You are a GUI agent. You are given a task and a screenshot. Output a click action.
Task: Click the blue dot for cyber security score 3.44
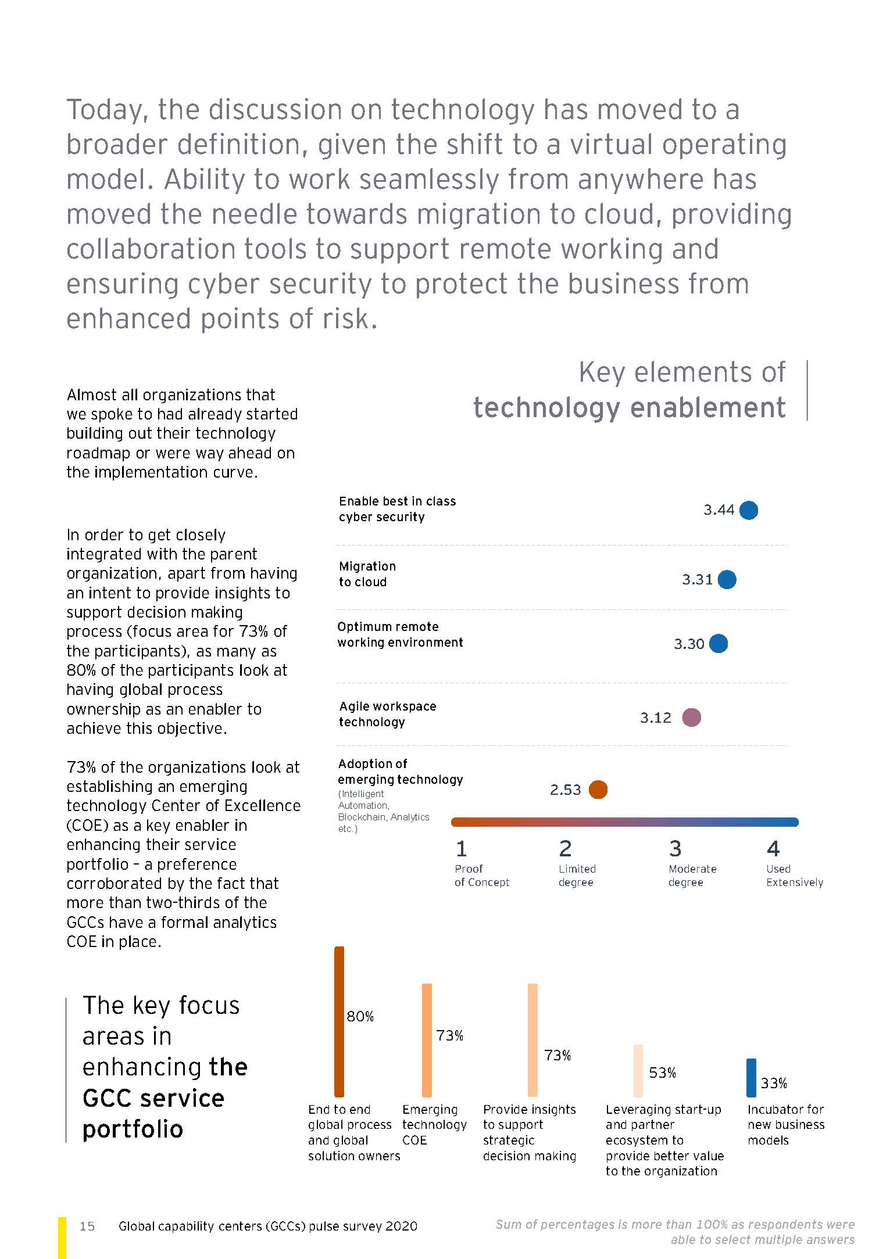(x=748, y=510)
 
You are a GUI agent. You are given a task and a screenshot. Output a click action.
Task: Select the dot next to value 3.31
(x=727, y=579)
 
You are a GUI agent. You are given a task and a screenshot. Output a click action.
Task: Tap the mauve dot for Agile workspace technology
(x=691, y=718)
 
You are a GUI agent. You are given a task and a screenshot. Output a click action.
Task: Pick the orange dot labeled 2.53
(x=598, y=790)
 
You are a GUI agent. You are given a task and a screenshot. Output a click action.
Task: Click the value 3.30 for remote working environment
(x=689, y=644)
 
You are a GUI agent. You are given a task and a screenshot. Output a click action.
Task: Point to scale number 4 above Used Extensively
(x=773, y=849)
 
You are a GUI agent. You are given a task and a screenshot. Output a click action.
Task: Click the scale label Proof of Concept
(x=481, y=876)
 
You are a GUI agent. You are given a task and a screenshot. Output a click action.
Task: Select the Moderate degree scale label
(x=692, y=876)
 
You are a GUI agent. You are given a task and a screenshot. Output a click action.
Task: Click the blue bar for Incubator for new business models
(x=751, y=1078)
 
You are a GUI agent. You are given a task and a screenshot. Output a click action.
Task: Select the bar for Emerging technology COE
(x=427, y=1040)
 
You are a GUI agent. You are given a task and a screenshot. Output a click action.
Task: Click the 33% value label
(x=774, y=1083)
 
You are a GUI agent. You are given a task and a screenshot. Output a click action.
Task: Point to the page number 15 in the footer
(x=87, y=1226)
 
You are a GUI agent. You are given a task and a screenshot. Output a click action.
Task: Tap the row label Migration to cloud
(x=367, y=574)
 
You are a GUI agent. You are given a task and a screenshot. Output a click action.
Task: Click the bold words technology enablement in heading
(x=629, y=407)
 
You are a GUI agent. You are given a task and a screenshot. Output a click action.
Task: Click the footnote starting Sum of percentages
(x=674, y=1232)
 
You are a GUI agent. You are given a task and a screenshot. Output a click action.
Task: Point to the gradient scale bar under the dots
(x=624, y=822)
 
